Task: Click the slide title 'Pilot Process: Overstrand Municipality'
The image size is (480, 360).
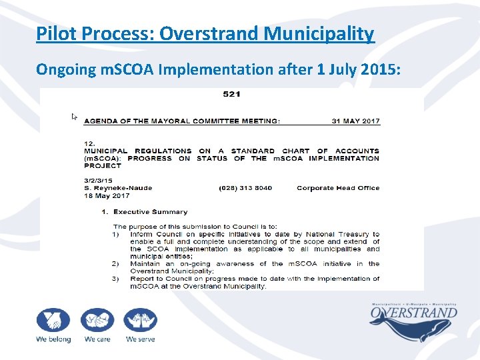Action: click(205, 33)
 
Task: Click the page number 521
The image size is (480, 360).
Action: click(231, 94)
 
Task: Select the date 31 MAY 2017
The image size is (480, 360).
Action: click(355, 121)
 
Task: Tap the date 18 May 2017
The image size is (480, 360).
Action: click(103, 195)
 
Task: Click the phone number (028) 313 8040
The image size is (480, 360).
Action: click(245, 188)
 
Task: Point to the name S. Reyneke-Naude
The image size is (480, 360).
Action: click(118, 188)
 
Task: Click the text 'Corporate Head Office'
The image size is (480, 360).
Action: click(338, 188)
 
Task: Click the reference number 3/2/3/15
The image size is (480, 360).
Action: click(97, 181)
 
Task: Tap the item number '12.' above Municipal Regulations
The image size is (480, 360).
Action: click(89, 143)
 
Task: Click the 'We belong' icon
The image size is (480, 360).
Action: click(53, 321)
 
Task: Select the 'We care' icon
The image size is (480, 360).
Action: click(97, 321)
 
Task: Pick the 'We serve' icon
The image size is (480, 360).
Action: click(140, 321)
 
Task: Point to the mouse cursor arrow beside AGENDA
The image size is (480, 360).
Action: click(75, 117)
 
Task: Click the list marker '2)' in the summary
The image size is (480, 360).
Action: click(116, 264)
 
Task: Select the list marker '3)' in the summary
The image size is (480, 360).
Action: click(116, 279)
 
